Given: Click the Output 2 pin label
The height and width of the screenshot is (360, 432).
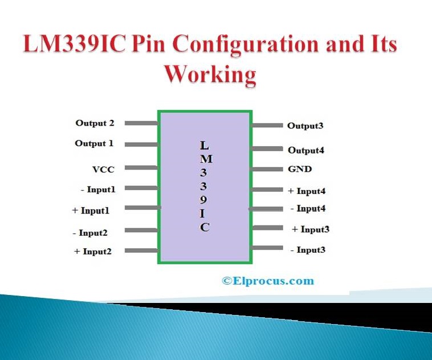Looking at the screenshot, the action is click(x=95, y=123).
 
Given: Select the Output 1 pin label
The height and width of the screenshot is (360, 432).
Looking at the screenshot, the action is click(x=94, y=143).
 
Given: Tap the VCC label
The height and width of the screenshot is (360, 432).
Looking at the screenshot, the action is click(x=103, y=169).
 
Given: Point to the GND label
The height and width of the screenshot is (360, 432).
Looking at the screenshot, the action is click(x=300, y=169).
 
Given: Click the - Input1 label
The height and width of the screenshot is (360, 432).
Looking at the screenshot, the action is click(x=98, y=189).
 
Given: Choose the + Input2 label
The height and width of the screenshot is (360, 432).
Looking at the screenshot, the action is click(x=93, y=252).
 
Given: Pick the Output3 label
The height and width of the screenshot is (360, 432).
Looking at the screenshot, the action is click(x=305, y=126).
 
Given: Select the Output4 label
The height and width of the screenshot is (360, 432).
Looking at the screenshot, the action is click(x=306, y=151).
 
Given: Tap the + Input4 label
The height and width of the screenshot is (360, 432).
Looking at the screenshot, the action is click(x=307, y=191).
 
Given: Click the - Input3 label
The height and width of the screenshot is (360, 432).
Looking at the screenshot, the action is click(x=308, y=250).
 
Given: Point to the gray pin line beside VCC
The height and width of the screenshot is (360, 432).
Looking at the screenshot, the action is click(x=141, y=167).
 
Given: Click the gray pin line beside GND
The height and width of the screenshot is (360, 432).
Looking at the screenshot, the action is click(x=267, y=169).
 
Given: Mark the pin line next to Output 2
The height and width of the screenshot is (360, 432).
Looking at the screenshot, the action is click(x=141, y=123).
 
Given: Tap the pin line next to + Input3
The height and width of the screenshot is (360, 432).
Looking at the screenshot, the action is click(x=267, y=228).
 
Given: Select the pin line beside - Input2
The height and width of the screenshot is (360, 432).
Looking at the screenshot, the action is click(x=141, y=230).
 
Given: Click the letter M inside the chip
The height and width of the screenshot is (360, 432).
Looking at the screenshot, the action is click(x=206, y=159).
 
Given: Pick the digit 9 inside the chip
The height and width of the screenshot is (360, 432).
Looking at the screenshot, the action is click(x=203, y=200).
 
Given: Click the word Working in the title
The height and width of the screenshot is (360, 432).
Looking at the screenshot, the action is click(x=210, y=75).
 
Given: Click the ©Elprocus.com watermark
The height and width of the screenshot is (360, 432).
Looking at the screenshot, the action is click(x=268, y=281).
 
